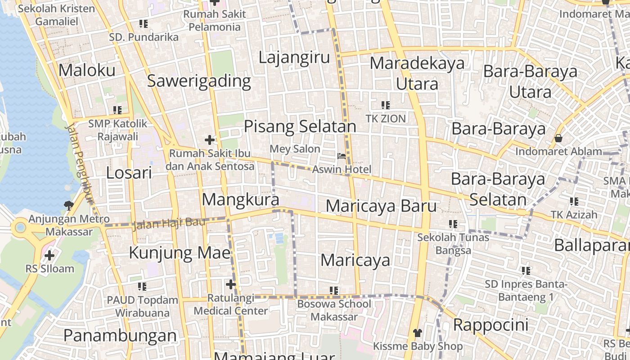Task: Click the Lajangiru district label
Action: pos(294,58)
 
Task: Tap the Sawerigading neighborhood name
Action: pos(199,81)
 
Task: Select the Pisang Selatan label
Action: pos(300,126)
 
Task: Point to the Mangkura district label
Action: pos(240,199)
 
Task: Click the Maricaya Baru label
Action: pos(381,206)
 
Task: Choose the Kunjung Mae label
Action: pos(180,252)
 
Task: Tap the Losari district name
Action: pos(129,173)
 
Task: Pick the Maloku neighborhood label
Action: pos(87,70)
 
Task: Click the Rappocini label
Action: pos(490,325)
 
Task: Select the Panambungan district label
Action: pos(120,336)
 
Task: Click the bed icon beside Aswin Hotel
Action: pos(342,156)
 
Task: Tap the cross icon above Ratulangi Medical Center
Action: pos(231,284)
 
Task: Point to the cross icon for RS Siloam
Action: pos(49,256)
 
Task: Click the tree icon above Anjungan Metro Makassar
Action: pos(69,206)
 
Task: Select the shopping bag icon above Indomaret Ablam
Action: pos(558,138)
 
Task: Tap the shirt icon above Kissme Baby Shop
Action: pos(418,333)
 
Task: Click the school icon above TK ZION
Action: pos(386,105)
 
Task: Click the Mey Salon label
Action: pos(295,149)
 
